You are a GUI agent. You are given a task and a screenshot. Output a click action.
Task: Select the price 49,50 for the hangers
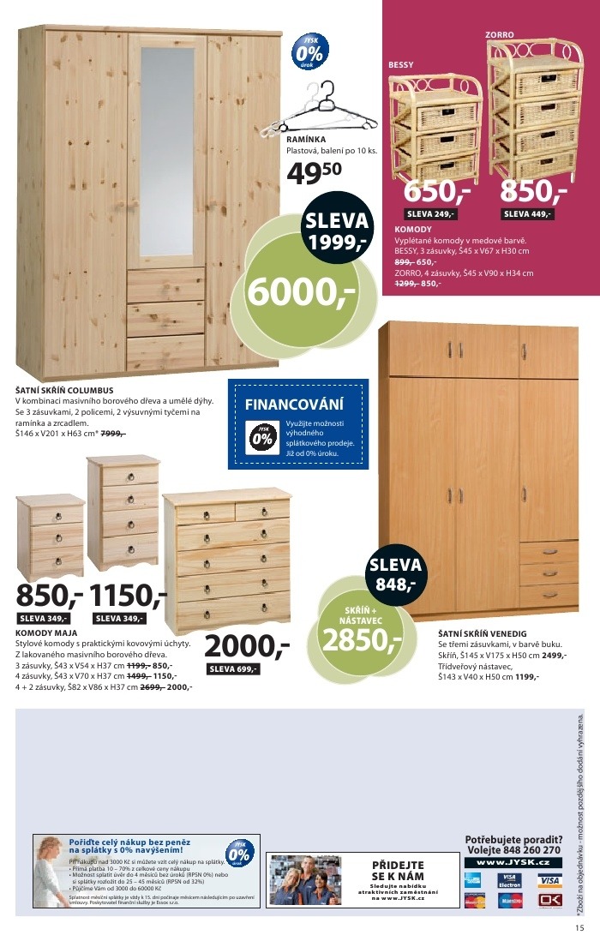tap(314, 172)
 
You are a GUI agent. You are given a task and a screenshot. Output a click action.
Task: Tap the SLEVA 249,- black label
tap(431, 214)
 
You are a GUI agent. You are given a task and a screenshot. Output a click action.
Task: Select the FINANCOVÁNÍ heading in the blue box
tap(294, 404)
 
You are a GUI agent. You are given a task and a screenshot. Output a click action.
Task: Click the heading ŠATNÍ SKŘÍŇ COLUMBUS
tap(64, 391)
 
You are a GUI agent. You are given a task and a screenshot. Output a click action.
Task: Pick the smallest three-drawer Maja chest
tap(51, 536)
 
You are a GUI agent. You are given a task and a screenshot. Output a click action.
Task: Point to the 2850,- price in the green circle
tap(360, 638)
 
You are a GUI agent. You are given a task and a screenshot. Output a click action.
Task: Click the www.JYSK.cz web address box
tap(513, 861)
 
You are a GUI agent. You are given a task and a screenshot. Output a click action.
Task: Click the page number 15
tap(580, 927)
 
